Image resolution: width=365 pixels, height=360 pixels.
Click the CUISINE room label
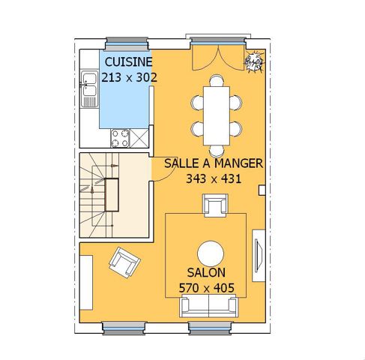(128, 61)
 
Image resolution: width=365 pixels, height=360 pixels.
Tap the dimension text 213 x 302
(129, 77)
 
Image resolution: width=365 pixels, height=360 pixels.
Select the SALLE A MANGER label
(214, 163)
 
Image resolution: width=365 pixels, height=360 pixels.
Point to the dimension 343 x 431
(214, 178)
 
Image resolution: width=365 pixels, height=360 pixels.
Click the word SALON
(206, 272)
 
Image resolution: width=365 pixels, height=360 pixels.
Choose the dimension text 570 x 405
(207, 288)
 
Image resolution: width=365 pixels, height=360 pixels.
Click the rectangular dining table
(217, 115)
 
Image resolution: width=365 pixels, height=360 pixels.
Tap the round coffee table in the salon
(211, 254)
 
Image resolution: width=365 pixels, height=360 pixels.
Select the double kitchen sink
(89, 88)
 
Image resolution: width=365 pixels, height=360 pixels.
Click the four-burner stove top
(120, 138)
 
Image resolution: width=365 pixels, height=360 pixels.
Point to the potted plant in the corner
(254, 61)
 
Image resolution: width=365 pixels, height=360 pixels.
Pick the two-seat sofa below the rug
(208, 306)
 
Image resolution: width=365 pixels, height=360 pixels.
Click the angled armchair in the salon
(124, 262)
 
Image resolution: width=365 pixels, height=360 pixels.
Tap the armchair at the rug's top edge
(215, 205)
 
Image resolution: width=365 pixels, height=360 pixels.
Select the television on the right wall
(259, 256)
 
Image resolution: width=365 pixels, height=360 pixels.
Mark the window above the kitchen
(127, 43)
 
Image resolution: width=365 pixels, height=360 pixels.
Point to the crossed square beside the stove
(139, 138)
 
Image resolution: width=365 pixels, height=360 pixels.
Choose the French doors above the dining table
(218, 58)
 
